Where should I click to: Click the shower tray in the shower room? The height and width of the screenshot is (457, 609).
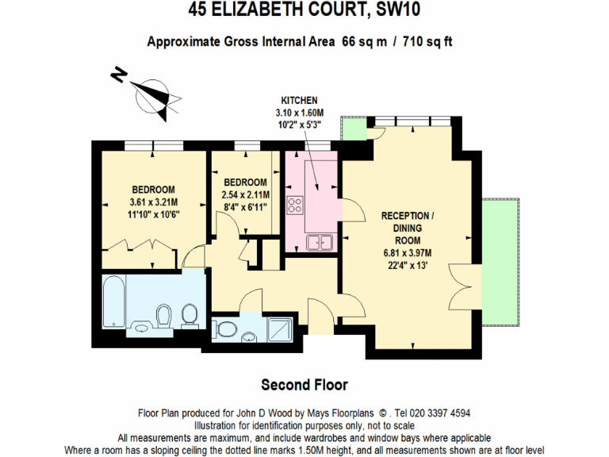click(x=281, y=327)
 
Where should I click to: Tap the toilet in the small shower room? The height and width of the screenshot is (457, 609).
click(x=228, y=328)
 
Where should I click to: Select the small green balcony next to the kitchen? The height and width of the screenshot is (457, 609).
click(x=351, y=129)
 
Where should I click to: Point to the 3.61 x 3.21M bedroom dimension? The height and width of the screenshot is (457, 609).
click(x=153, y=202)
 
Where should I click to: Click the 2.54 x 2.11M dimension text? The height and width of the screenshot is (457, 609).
click(x=246, y=194)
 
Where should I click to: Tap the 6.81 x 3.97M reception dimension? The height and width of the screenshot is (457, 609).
click(x=408, y=253)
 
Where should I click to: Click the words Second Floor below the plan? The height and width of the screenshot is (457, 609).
click(x=304, y=385)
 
